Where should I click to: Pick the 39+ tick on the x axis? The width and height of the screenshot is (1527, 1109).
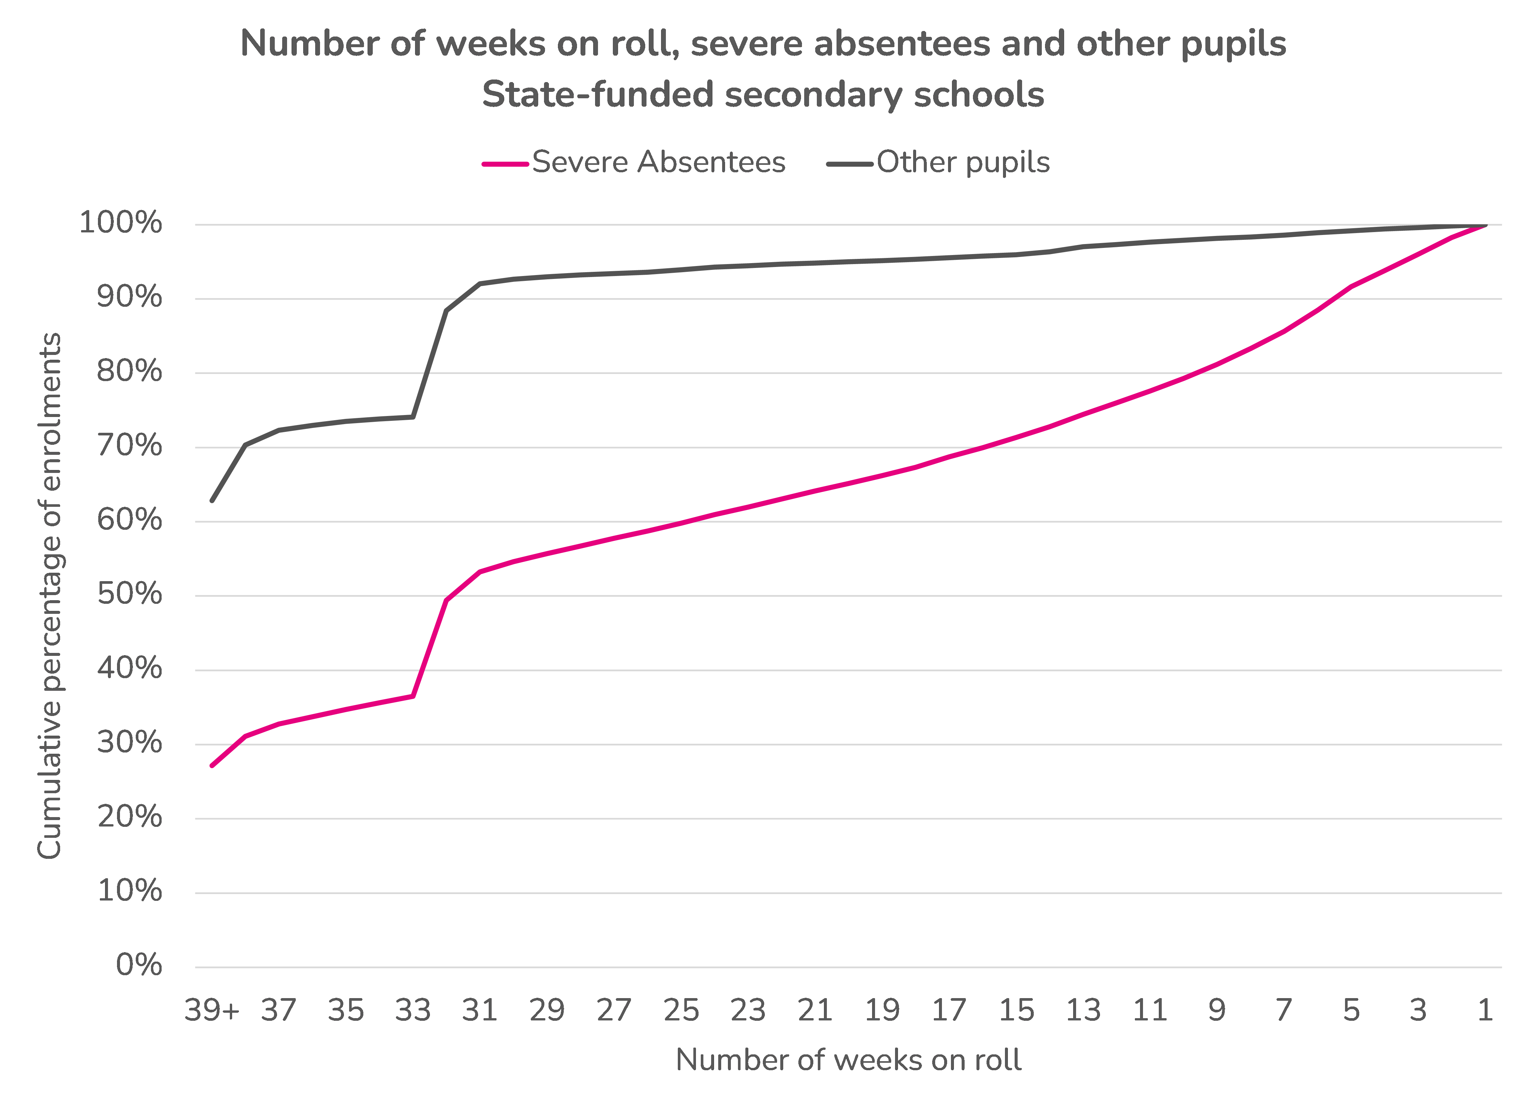coord(212,1010)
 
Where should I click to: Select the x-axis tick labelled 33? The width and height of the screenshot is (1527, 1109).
coord(413,1010)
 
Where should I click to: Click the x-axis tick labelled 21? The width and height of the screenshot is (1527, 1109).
coord(815,1010)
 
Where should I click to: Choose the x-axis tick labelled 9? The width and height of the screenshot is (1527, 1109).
coord(1217,1010)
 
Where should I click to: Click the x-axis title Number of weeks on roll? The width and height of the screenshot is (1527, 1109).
coord(848,1060)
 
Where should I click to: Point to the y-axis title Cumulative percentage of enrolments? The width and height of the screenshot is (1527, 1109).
coord(49,596)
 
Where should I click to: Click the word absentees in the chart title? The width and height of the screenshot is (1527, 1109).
coord(902,44)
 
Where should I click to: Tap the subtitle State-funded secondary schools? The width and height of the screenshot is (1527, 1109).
coord(763,94)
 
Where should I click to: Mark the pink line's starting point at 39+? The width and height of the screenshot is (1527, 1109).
coord(212,766)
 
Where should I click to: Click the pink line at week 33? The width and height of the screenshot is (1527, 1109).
coord(413,696)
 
